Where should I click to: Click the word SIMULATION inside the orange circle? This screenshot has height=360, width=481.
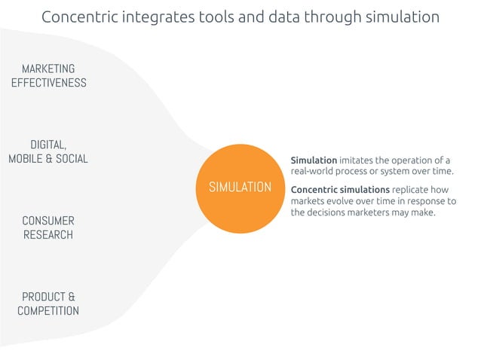240,187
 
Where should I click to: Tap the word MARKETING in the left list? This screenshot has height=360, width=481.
48,69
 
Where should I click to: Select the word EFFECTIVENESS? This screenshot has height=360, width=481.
48,83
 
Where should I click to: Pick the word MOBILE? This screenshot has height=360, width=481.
25,158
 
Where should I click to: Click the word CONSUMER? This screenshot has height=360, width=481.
48,221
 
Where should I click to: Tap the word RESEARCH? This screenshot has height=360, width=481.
48,235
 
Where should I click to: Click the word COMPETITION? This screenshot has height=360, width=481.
48,310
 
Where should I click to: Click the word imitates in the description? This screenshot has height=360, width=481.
358,160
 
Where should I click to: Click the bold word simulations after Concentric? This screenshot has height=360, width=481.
364,190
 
